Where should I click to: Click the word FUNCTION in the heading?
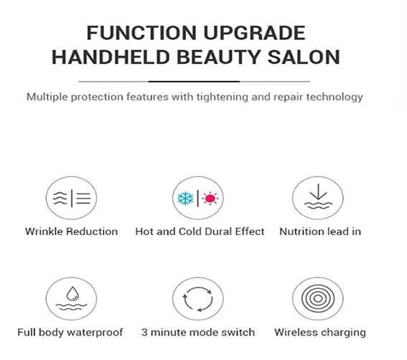coord(141,33)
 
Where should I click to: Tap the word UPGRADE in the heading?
coord(254,33)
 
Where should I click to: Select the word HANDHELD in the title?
coord(111,57)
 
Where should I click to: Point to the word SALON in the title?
coord(304,57)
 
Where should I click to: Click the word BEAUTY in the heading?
coord(219,57)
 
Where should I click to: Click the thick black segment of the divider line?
coord(194,82)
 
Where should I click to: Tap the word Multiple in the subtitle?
coord(47,97)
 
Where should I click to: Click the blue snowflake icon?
coord(185,199)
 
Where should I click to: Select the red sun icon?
coord(210,199)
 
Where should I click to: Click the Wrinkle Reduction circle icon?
coord(71,198)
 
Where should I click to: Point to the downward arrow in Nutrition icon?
coord(318,191)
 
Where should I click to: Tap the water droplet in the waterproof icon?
coord(72,293)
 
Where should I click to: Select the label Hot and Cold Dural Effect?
coord(200,232)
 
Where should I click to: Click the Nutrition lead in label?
coord(320,232)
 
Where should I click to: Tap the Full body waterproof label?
coord(70,332)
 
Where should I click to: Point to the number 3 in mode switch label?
coord(144,332)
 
